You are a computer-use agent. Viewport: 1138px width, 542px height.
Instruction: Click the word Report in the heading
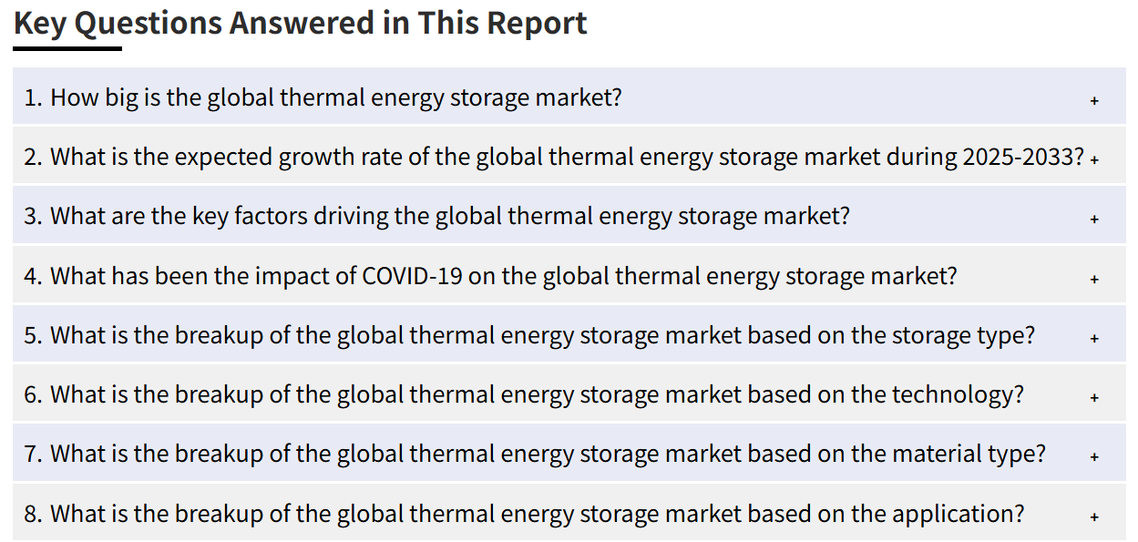click(537, 23)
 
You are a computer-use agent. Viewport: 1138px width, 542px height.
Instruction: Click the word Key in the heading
click(40, 25)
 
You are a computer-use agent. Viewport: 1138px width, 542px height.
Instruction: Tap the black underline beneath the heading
click(67, 49)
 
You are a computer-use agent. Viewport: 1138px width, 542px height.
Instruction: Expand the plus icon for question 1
click(1094, 100)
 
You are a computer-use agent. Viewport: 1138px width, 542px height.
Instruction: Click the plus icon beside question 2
click(1094, 159)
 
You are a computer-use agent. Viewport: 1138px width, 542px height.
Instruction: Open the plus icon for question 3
click(1094, 219)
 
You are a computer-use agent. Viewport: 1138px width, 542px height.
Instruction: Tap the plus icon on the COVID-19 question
click(1094, 279)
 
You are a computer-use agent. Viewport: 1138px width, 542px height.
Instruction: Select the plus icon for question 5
click(1094, 338)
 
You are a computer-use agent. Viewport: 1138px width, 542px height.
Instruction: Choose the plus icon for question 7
click(1094, 456)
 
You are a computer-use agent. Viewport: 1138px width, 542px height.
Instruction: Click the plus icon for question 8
click(1094, 516)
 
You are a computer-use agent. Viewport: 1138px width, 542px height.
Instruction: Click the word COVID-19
click(412, 276)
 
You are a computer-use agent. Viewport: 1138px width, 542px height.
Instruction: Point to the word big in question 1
click(121, 98)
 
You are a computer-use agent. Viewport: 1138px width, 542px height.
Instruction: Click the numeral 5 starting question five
click(30, 336)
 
